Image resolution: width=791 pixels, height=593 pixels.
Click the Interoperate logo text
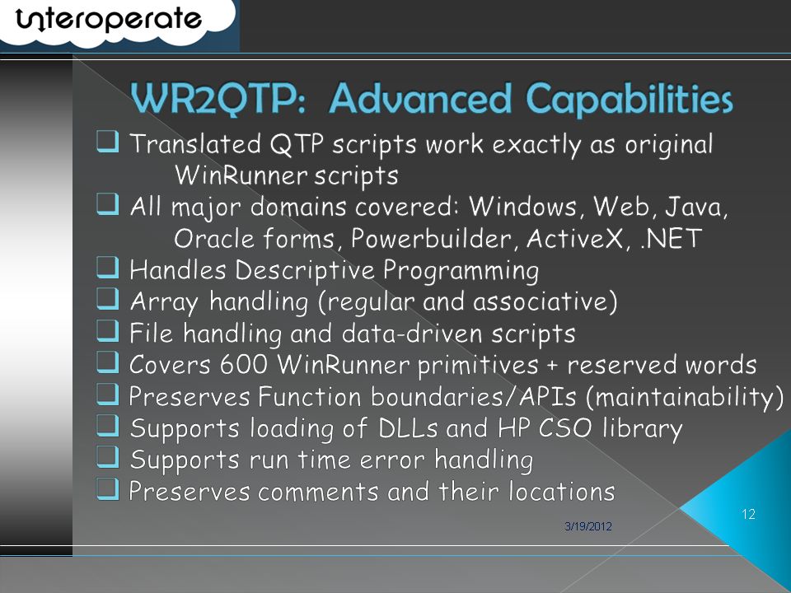tap(109, 20)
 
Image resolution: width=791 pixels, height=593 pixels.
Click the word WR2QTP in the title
tap(218, 98)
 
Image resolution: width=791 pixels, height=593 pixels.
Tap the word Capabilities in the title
tap(629, 100)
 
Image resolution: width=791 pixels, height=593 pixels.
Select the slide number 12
tap(748, 514)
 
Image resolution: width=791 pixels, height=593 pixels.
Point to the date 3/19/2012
tap(588, 526)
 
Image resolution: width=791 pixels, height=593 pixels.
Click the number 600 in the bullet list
tap(243, 364)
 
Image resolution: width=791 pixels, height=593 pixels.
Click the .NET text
tap(671, 238)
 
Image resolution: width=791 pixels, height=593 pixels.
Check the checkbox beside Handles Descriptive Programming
tap(107, 268)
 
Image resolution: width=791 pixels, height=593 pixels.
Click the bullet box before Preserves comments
tap(107, 489)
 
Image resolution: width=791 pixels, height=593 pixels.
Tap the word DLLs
tap(408, 428)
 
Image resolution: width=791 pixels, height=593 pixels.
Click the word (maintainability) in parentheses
tap(685, 397)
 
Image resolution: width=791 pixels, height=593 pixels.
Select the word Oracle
tap(214, 238)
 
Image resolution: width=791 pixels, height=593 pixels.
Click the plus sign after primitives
tap(552, 365)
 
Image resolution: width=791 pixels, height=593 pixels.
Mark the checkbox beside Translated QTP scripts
tap(107, 142)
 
